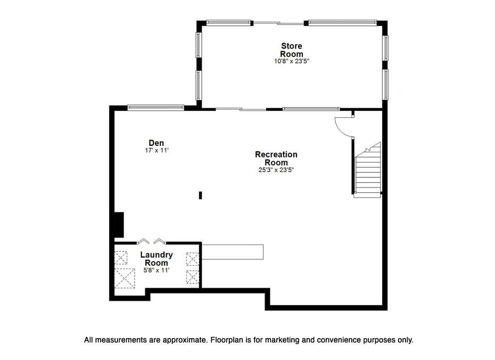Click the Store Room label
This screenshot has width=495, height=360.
point(291,50)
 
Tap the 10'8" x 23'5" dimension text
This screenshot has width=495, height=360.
point(291,61)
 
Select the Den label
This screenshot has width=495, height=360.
point(156,143)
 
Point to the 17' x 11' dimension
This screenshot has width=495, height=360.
point(156,151)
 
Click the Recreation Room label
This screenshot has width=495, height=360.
point(276,159)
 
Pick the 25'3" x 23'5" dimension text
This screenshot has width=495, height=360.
point(276,170)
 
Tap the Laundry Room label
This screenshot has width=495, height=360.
point(156,259)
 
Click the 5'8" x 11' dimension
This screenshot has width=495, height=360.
point(156,271)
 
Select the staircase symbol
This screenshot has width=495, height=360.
point(367,170)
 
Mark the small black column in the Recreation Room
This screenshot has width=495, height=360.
point(201,195)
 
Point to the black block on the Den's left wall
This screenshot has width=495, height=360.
point(119,225)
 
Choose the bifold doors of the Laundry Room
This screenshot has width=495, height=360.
point(151,241)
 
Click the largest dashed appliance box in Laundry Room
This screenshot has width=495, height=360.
point(125,278)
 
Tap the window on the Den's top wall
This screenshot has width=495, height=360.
point(155,108)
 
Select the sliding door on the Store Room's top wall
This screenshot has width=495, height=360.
point(279,23)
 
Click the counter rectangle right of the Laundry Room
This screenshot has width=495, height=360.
point(233,252)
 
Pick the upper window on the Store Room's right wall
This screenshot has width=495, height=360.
point(385,48)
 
